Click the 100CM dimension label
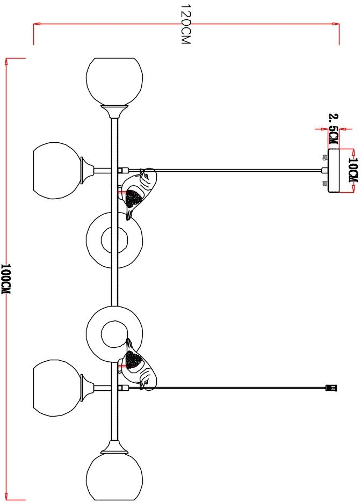pyautogui.click(x=6, y=279)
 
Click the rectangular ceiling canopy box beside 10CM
pyautogui.click(x=334, y=171)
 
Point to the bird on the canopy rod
pyautogui.click(x=138, y=191)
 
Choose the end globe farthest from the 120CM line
pyautogui.click(x=115, y=476)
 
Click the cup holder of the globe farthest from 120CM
pyautogui.click(x=115, y=446)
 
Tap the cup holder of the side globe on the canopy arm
pyautogui.click(x=86, y=170)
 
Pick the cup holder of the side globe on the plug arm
pyautogui.click(x=86, y=388)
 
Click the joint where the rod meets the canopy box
pyautogui.click(x=324, y=171)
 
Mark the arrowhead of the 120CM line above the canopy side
pyautogui.click(x=336, y=24)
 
